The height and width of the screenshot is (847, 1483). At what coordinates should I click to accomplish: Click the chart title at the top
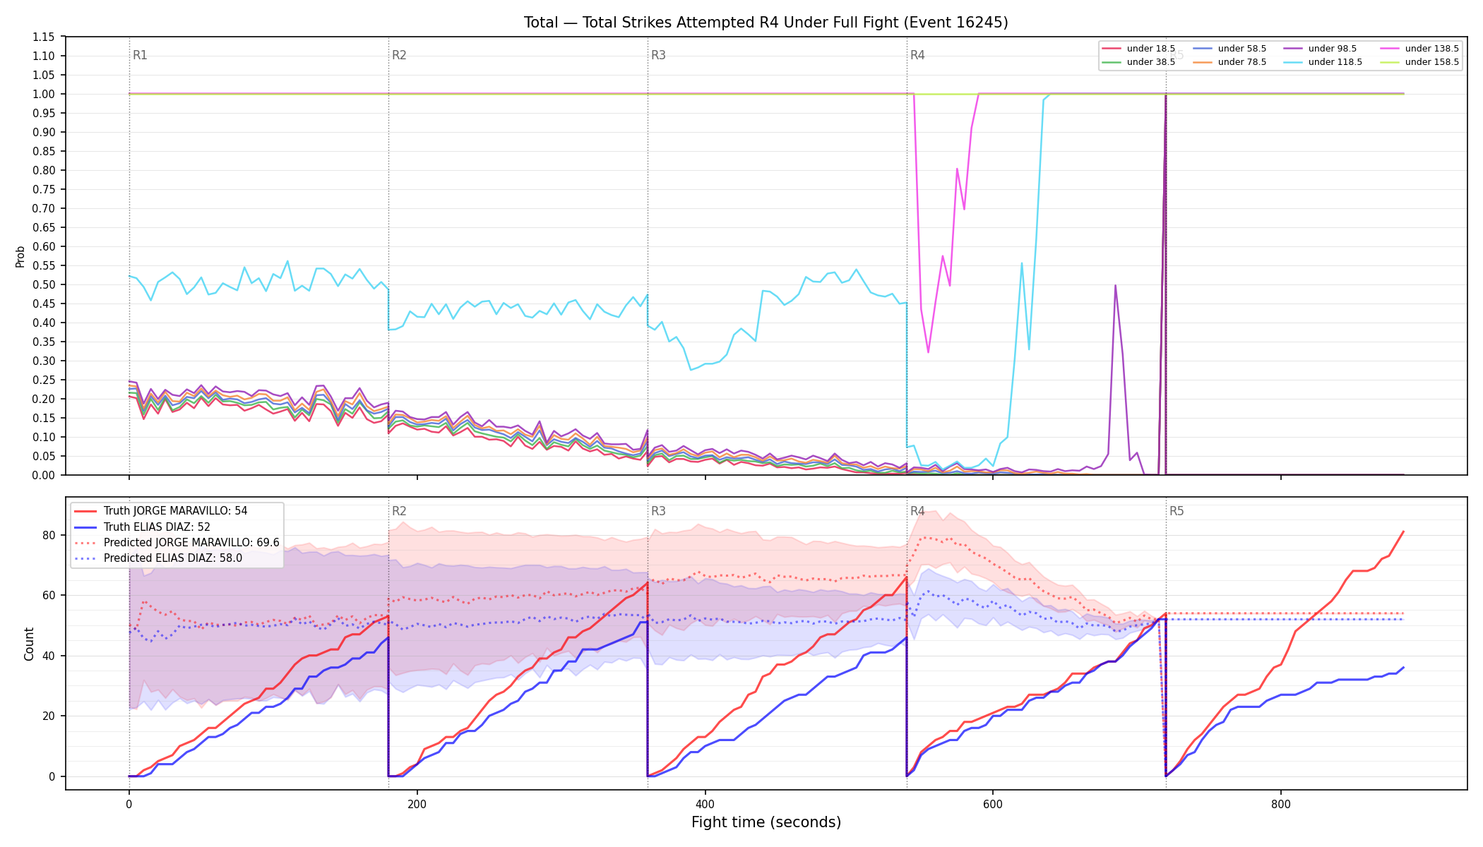click(x=766, y=23)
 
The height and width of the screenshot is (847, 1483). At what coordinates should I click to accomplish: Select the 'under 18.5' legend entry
click(x=1138, y=49)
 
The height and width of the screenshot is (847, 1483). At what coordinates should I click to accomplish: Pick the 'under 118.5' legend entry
click(x=1320, y=62)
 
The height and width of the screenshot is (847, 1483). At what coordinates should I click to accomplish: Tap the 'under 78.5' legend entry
click(x=1229, y=62)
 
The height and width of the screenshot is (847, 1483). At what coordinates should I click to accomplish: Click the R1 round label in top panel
click(x=140, y=55)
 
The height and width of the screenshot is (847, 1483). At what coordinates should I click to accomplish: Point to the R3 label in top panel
click(x=658, y=55)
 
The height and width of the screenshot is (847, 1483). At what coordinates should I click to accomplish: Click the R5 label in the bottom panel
click(x=1177, y=511)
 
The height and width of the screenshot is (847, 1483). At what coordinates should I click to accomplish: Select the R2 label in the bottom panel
click(x=399, y=511)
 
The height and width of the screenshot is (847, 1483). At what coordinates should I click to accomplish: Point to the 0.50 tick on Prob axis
click(x=44, y=284)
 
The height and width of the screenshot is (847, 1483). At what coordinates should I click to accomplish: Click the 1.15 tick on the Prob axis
click(x=44, y=37)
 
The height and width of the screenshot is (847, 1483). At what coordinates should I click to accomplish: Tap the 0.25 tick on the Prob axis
click(x=44, y=380)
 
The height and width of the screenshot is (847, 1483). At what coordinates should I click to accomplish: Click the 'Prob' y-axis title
click(x=20, y=256)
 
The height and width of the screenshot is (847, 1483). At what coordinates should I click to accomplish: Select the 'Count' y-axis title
click(x=29, y=644)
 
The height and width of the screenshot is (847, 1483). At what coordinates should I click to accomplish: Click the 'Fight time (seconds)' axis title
click(x=766, y=822)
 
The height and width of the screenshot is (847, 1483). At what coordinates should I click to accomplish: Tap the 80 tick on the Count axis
click(x=49, y=535)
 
